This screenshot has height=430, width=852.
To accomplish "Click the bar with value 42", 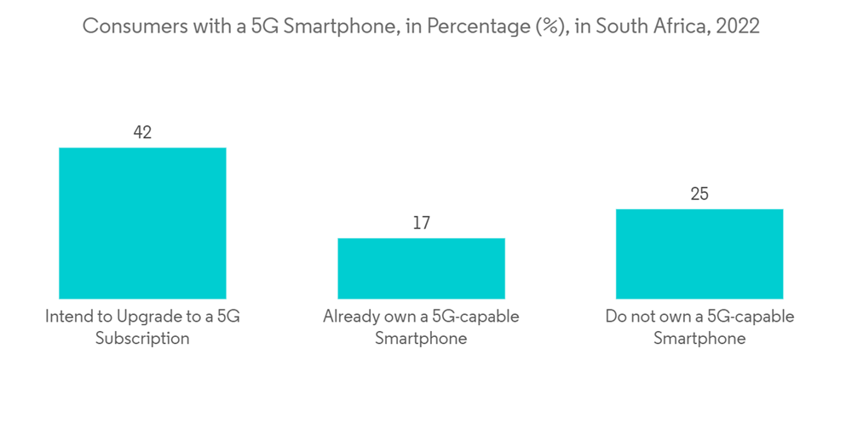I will pos(142,223).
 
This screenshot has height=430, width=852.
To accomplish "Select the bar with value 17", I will pos(421,268).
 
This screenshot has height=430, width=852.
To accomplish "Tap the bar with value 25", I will pos(699,253).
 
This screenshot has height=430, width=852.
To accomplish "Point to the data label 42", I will pos(142,132).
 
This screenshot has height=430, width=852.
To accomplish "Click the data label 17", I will pos(421,223).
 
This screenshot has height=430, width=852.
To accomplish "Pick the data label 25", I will pos(699,194).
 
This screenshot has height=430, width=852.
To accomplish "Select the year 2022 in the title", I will pos(738,26).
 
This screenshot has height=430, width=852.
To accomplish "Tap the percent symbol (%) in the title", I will pos(547,26).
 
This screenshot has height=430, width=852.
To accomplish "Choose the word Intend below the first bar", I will pos(68,317).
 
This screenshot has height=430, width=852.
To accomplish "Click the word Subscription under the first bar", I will pos(142,339).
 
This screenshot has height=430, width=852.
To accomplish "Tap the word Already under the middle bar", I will pos(350,317).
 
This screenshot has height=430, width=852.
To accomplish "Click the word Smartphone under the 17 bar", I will pos(421,339).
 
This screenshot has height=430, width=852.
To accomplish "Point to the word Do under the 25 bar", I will pos(615,317).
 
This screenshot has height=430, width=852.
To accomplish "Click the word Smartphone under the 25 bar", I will pos(699,339).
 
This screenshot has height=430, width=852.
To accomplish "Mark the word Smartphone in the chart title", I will pos(331,26).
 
